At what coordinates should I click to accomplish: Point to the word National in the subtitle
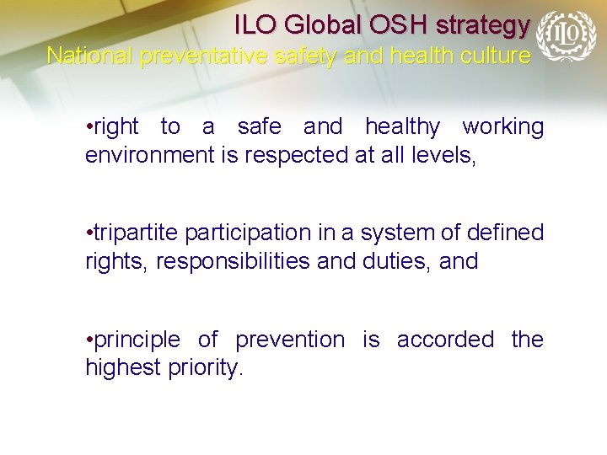click(90, 56)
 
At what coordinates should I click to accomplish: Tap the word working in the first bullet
click(502, 127)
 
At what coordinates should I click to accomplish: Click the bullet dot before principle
click(89, 340)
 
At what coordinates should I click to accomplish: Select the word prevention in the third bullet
click(290, 340)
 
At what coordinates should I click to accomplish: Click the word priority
click(207, 368)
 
